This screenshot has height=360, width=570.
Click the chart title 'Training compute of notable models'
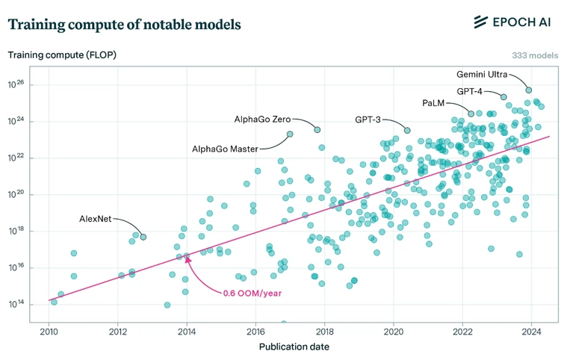[x=124, y=25]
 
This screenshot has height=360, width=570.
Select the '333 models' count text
[x=535, y=55]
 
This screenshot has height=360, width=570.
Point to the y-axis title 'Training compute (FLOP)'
[x=62, y=55]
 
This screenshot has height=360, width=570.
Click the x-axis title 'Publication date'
[x=294, y=347]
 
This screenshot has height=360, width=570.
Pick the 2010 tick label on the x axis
[x=49, y=331]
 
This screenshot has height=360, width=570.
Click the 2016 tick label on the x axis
[x=255, y=331]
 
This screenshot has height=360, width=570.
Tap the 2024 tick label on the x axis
[x=531, y=331]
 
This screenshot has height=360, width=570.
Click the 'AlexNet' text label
[x=96, y=219]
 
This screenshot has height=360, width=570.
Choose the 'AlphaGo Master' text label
[x=225, y=149]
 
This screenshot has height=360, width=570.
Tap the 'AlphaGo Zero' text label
[x=262, y=119]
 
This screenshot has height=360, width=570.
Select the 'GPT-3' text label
[x=369, y=120]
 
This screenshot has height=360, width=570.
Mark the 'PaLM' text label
[x=433, y=102]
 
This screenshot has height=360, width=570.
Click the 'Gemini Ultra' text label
[x=482, y=75]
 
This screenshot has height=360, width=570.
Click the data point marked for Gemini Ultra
[x=528, y=90]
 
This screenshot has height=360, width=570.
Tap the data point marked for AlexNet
[x=143, y=237]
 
